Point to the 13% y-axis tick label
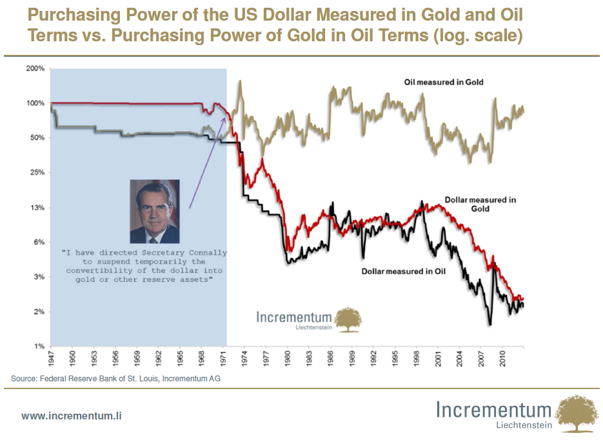[x=36, y=207]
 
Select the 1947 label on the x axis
[x=51, y=357]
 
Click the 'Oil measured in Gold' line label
[x=443, y=82]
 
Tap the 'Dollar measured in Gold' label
[x=480, y=204]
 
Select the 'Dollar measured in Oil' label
[x=403, y=271]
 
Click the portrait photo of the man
[x=155, y=211]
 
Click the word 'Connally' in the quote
[x=204, y=253]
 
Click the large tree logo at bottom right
[x=577, y=414]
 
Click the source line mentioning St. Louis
[x=115, y=378]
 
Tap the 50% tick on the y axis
[x=36, y=137]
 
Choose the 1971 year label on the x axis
[x=223, y=357]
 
